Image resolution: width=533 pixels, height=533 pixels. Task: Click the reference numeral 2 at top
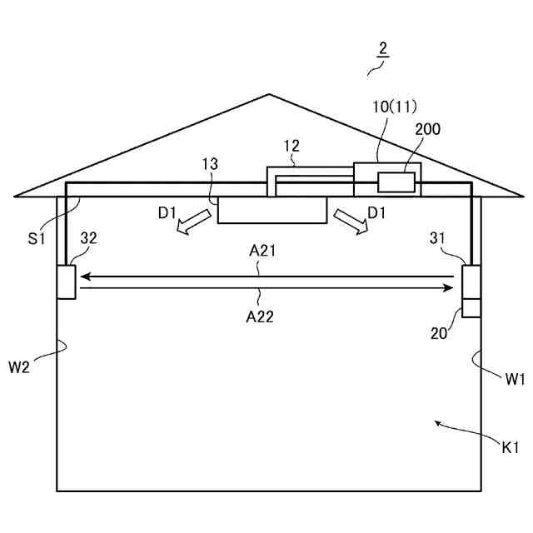[x=381, y=47]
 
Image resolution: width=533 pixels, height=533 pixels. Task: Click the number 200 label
[x=427, y=129]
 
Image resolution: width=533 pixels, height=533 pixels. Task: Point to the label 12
[x=291, y=146]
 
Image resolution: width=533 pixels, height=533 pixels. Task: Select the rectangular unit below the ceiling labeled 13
[x=272, y=210]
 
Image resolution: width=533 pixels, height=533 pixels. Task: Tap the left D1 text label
[x=167, y=212]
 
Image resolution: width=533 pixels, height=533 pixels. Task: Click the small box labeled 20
[x=471, y=308]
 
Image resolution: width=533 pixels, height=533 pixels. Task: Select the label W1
[x=515, y=379]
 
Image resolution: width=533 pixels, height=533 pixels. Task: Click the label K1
[x=511, y=448]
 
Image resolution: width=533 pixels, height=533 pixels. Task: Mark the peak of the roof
[x=268, y=94]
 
